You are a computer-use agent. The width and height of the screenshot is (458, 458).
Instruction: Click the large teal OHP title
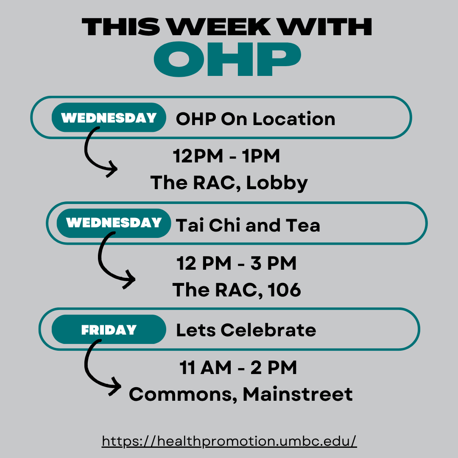point(227,59)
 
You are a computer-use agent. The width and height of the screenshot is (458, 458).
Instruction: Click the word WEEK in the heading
point(219,27)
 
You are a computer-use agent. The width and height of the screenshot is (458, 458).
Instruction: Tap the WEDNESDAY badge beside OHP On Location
point(109,117)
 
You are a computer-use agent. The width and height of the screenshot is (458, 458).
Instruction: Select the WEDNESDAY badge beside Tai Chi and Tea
point(114,223)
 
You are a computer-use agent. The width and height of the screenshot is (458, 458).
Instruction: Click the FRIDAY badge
point(109,330)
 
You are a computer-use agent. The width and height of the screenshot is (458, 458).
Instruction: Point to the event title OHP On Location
point(256,119)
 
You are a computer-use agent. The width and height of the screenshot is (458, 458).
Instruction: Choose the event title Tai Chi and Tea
point(248,225)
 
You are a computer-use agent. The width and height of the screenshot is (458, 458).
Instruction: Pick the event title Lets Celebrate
point(246,330)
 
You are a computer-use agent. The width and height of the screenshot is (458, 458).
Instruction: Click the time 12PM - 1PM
point(226,156)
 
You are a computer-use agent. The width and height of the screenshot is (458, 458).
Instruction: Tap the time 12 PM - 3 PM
point(237,263)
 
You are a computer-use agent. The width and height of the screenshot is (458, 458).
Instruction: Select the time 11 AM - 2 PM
point(238,367)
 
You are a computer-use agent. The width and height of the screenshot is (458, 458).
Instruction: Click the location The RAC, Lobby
point(229,183)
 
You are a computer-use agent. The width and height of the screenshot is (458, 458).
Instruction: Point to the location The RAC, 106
point(237,290)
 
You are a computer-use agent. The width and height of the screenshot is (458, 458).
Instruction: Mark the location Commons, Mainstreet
point(241,394)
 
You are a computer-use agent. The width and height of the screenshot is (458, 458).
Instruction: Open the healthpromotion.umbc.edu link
point(229,441)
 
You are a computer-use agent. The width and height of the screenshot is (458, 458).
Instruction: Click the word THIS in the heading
point(121,27)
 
